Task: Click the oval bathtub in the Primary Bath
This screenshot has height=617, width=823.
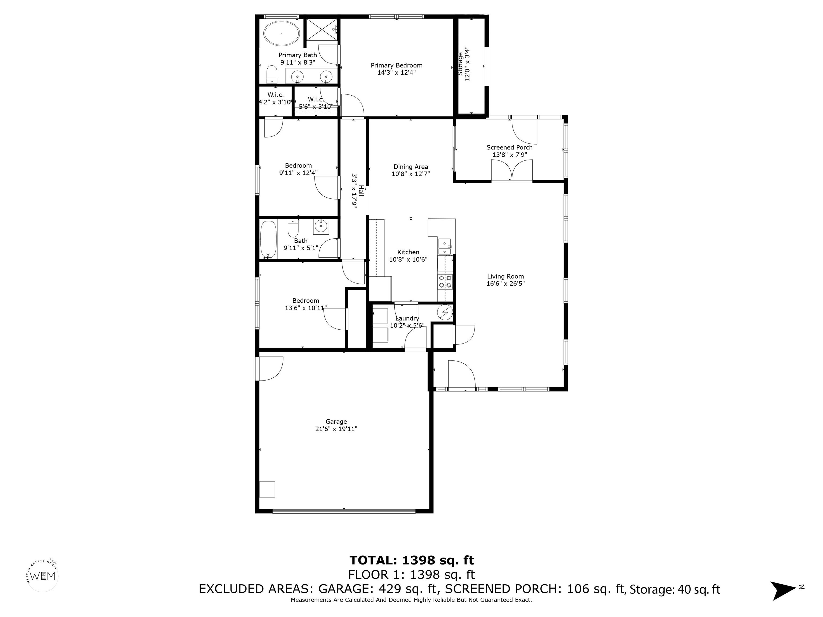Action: pyautogui.click(x=282, y=33)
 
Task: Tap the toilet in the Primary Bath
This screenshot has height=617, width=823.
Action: pyautogui.click(x=272, y=75)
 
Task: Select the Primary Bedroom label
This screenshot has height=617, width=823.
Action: pyautogui.click(x=396, y=65)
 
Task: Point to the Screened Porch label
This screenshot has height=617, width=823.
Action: pyautogui.click(x=509, y=148)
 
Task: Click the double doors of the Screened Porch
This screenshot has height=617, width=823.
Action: pyautogui.click(x=512, y=171)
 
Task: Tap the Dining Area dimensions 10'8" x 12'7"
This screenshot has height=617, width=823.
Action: pyautogui.click(x=411, y=174)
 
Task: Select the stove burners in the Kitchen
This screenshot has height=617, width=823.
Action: pyautogui.click(x=445, y=281)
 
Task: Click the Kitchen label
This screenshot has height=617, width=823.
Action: pyautogui.click(x=408, y=252)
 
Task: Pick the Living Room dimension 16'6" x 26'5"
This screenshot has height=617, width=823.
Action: pyautogui.click(x=506, y=283)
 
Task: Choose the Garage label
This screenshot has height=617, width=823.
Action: pyautogui.click(x=336, y=421)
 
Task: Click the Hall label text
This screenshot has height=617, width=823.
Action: pyautogui.click(x=361, y=191)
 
